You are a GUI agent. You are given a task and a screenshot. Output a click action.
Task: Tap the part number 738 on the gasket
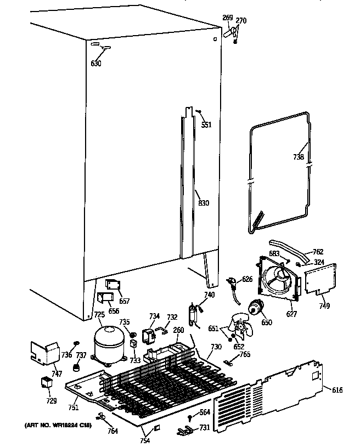pyautogui.click(x=298, y=157)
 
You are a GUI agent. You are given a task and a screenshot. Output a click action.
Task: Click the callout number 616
pyautogui.click(x=337, y=389)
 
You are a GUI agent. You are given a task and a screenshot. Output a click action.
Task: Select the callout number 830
pyautogui.click(x=204, y=204)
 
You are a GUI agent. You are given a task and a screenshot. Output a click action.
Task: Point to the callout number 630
pyautogui.click(x=96, y=63)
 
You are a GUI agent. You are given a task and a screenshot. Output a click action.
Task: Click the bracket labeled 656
pyautogui.click(x=104, y=297)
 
